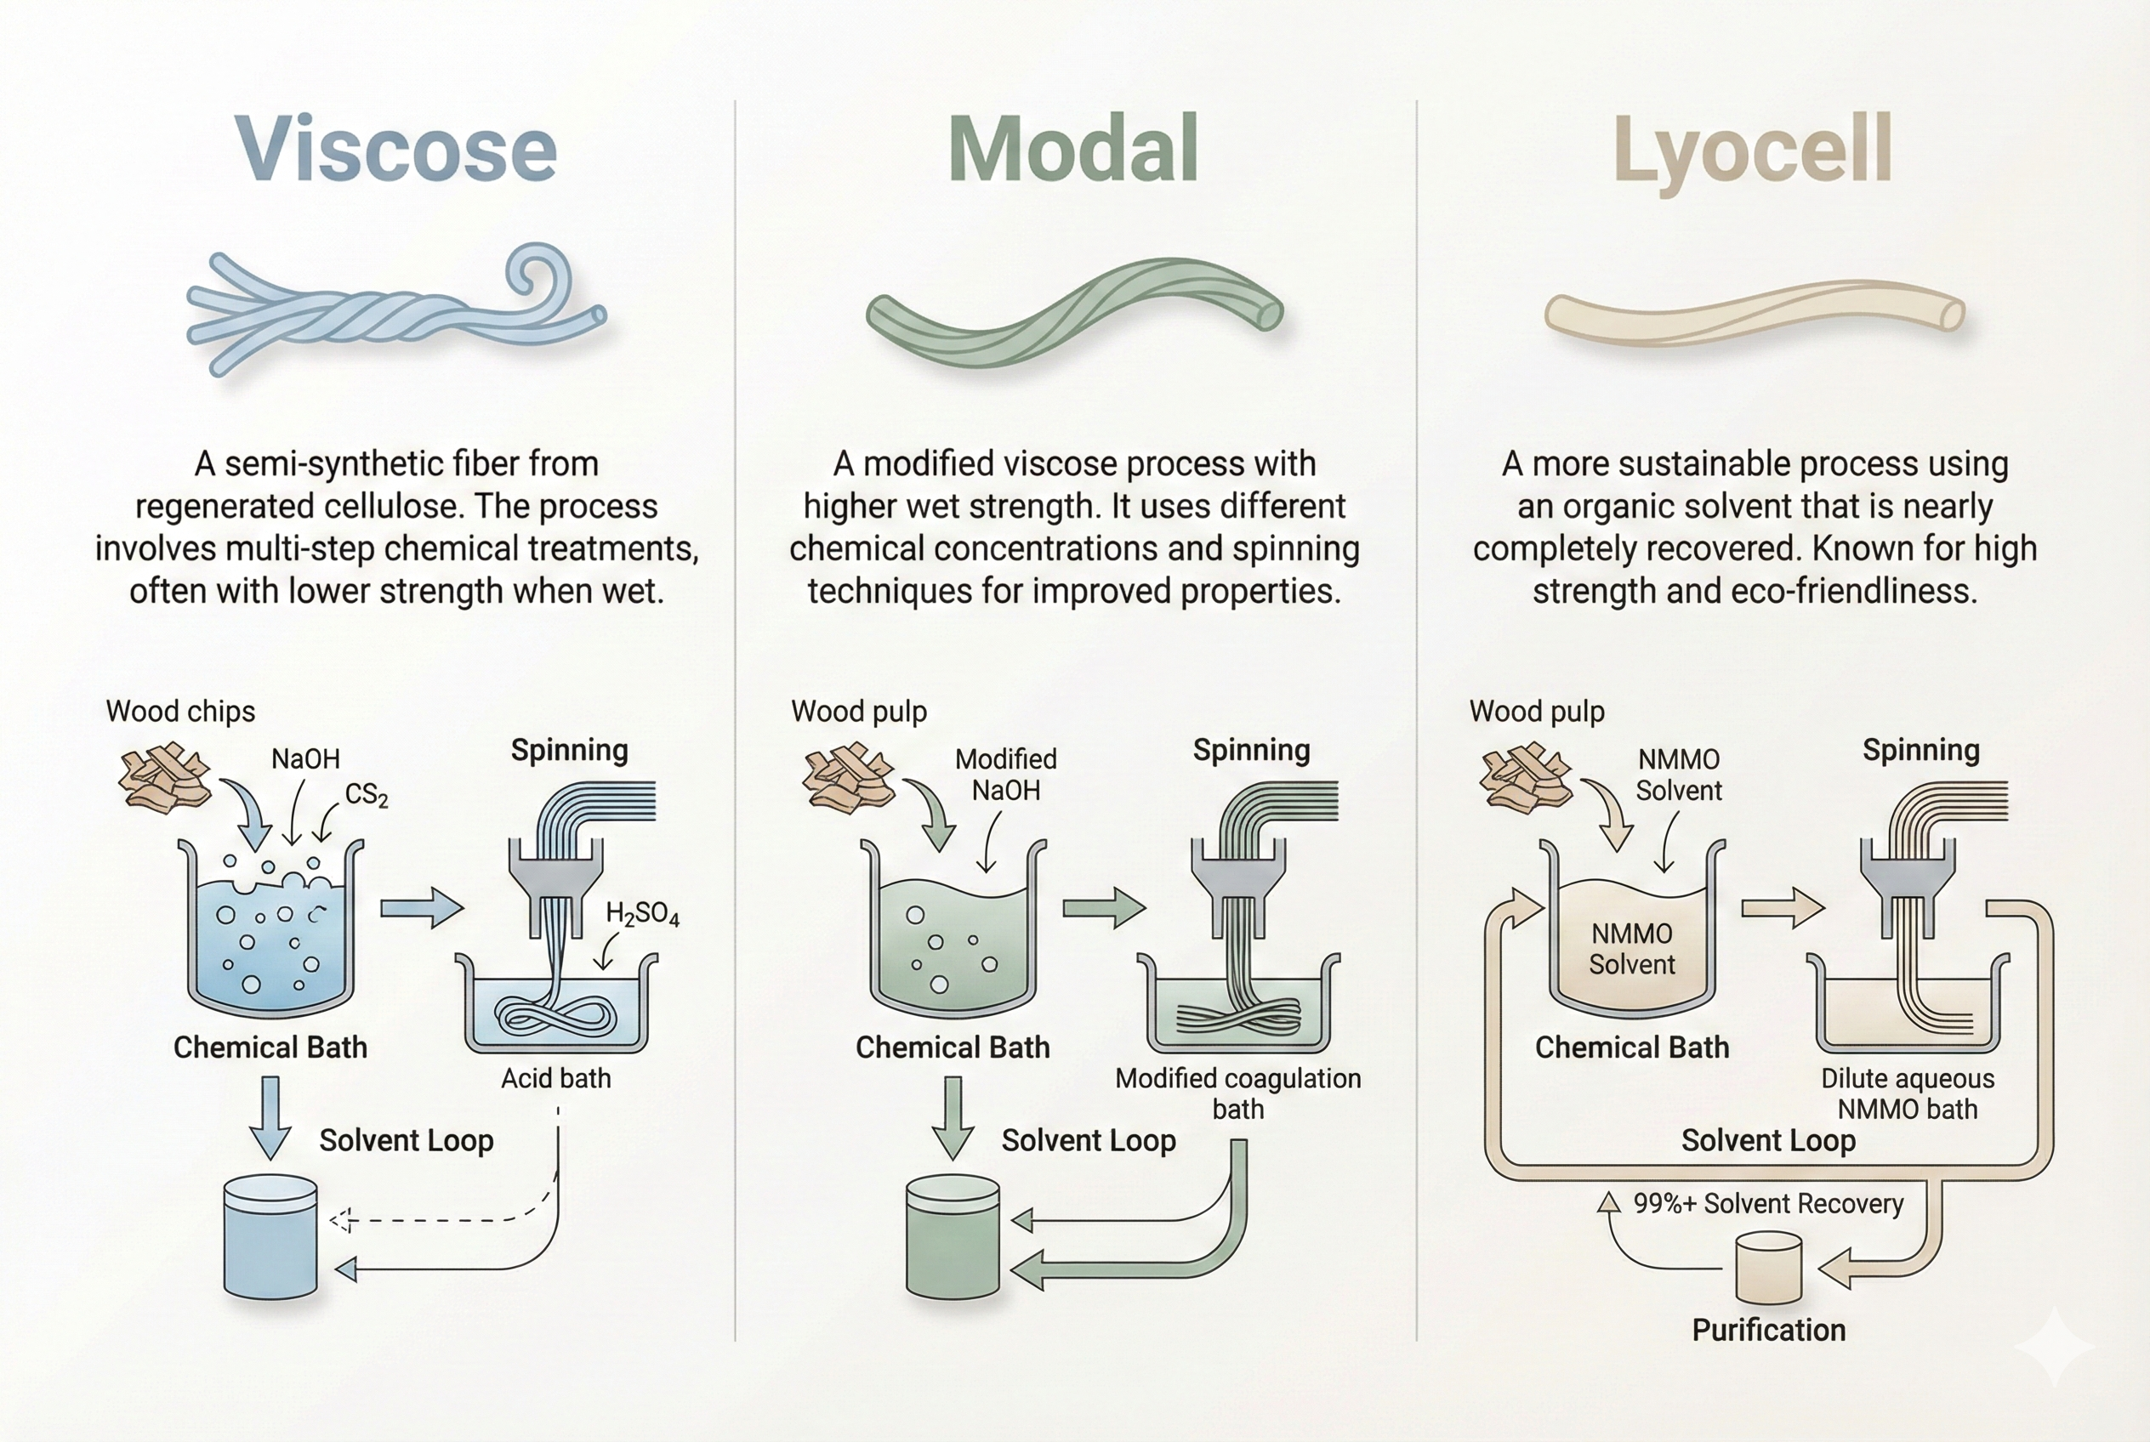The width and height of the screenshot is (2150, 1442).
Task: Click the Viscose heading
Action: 396,149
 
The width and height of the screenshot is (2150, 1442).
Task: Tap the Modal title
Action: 1073,148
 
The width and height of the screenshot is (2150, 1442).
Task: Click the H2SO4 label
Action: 642,914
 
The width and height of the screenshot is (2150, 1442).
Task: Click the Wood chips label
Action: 180,712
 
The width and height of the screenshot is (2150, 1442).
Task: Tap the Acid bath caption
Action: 555,1078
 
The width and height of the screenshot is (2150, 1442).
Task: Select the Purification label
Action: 1768,1330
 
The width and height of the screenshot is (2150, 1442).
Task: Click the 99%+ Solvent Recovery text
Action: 1768,1204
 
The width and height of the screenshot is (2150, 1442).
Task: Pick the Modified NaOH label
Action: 1005,775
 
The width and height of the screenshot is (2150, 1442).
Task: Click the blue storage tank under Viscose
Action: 270,1237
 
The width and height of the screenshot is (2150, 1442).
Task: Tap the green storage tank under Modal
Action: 953,1237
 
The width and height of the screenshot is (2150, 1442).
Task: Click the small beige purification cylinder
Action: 1768,1269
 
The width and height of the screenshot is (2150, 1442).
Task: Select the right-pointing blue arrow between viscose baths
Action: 423,909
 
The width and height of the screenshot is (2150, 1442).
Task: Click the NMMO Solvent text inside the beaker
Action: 1632,949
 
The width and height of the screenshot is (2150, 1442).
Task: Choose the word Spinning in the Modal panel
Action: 1251,752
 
